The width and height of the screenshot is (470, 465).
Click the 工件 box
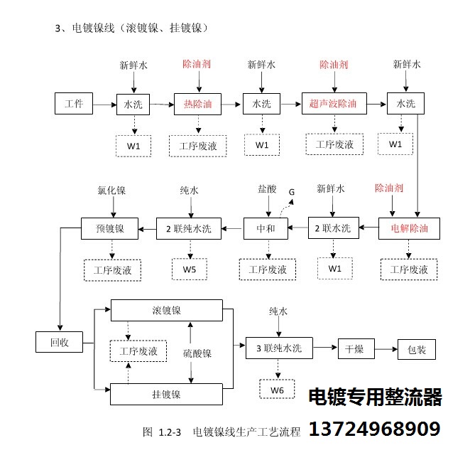click(74, 104)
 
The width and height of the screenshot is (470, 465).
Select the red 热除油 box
click(197, 105)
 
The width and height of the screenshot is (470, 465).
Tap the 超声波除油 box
click(334, 104)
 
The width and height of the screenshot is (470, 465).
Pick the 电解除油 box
click(409, 228)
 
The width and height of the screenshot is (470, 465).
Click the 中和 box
click(266, 228)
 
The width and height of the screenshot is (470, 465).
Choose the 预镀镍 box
click(110, 228)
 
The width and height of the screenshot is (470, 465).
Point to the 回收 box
click(60, 342)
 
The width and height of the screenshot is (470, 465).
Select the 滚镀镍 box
click(167, 311)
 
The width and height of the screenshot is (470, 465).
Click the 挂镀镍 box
click(166, 394)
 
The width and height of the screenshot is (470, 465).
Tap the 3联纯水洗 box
click(279, 348)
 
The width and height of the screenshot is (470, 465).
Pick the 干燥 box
click(356, 349)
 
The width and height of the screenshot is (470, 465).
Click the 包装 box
click(417, 349)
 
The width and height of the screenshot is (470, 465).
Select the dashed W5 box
click(190, 269)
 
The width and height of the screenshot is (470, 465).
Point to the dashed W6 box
click(277, 390)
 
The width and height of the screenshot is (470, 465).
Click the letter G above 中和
click(292, 192)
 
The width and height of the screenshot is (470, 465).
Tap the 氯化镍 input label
click(111, 191)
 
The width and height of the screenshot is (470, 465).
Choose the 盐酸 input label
click(267, 189)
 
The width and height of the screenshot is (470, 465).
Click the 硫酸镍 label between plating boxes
click(197, 353)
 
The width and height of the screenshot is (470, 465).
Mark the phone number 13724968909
click(375, 429)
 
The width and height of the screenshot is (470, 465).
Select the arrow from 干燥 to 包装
click(386, 349)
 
